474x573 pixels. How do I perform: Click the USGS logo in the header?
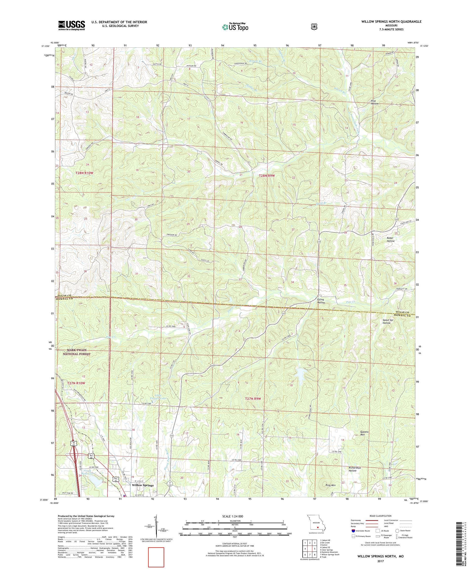coord(71,26)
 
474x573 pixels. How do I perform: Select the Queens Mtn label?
coord(364,441)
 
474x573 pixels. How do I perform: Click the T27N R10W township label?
coord(76,383)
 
